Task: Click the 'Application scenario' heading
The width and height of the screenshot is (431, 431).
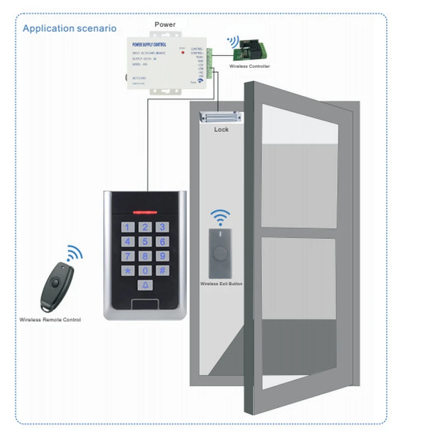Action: click(x=69, y=28)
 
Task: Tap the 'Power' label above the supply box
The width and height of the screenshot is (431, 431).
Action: click(x=165, y=24)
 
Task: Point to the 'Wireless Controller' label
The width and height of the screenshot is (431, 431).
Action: click(x=249, y=66)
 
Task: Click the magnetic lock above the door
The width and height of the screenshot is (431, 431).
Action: click(x=221, y=116)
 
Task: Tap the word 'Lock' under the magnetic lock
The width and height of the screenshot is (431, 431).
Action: click(x=221, y=129)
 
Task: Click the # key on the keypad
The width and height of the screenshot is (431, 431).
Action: click(x=162, y=270)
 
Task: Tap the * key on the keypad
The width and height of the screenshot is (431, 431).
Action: click(x=128, y=270)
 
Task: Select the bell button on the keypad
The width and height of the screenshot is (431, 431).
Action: click(x=144, y=287)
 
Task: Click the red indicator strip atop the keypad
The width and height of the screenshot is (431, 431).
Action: click(x=144, y=212)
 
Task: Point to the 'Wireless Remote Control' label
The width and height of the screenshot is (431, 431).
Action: click(x=50, y=320)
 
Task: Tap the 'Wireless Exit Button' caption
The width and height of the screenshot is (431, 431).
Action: click(x=221, y=283)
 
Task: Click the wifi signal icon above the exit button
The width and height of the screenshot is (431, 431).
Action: click(x=220, y=217)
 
